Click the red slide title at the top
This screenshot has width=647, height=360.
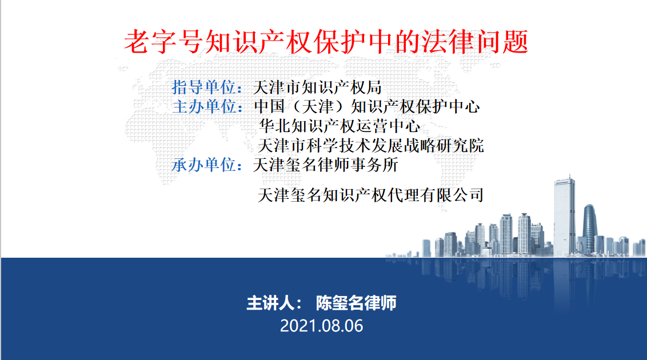326,42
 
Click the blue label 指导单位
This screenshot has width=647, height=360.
204,87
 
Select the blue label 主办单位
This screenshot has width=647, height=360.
204,106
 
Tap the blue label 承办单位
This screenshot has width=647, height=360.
204,165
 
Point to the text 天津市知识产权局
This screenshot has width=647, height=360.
317,87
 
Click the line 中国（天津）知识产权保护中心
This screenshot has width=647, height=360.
367,106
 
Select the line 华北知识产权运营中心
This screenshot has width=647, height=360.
340,126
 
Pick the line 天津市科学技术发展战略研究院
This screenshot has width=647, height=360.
371,145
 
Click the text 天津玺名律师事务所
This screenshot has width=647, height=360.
326,165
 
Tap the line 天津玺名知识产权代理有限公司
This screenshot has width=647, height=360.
370,195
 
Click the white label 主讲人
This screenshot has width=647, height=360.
271,303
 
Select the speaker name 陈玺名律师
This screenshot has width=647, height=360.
356,303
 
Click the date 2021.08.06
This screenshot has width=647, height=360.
321,326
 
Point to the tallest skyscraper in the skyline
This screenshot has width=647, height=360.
564,217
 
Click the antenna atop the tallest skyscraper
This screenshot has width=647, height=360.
569,177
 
